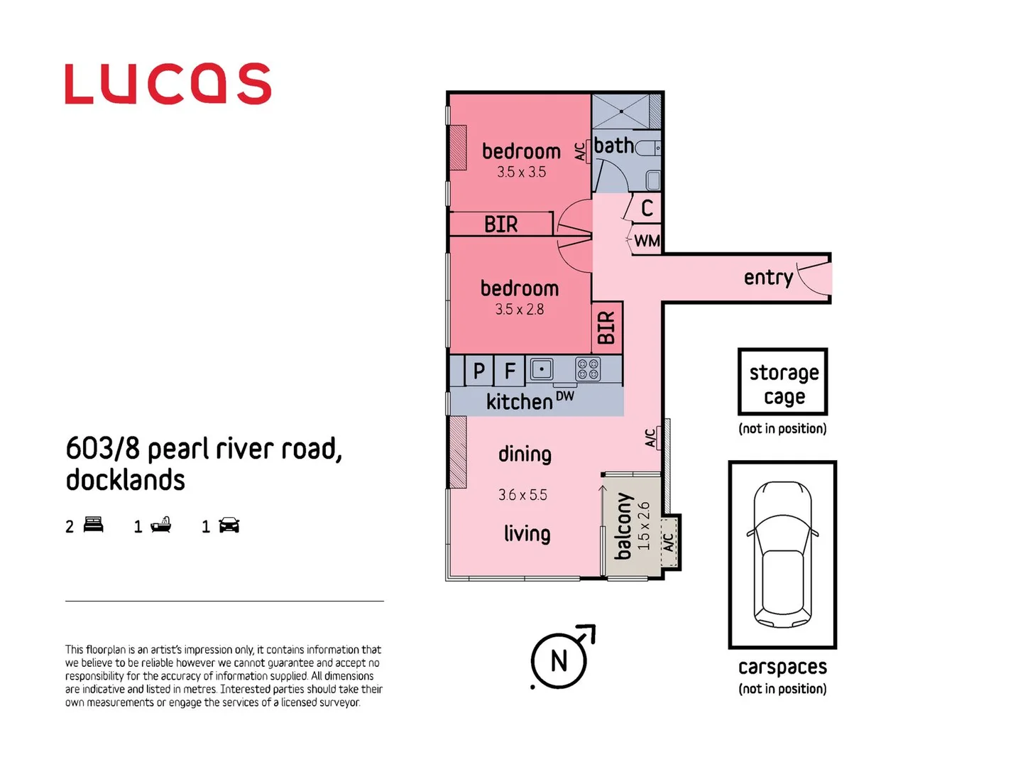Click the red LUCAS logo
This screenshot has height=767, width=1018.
168,84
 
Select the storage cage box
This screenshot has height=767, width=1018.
783,382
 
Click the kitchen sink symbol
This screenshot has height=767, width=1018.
542,369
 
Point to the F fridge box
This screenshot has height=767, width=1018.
510,371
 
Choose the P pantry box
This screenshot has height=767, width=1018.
479,371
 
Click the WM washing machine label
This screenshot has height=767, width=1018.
647,241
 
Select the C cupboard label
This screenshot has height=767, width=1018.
647,208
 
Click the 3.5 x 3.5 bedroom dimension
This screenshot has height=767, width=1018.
521,172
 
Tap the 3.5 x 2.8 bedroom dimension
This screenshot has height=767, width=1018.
520,310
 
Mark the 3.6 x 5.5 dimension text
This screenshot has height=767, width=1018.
522,495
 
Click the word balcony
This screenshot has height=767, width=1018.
623,526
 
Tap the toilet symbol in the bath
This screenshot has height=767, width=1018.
648,148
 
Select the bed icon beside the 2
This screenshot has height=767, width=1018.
94,526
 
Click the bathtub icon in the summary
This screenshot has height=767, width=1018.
161,526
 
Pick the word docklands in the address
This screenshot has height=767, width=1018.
126,480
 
